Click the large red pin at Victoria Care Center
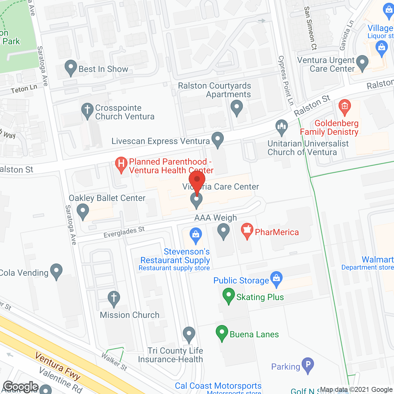[197, 180]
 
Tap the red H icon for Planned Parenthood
[121, 164]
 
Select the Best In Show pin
[71, 67]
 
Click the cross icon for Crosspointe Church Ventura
[87, 110]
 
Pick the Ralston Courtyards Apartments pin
[237, 108]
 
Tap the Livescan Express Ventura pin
[218, 139]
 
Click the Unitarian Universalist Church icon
[281, 127]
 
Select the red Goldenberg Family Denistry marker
[344, 107]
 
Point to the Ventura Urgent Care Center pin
[362, 63]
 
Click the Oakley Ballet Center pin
[82, 211]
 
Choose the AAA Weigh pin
[223, 231]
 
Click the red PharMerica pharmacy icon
[247, 231]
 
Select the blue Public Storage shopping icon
[276, 279]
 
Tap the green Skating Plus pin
[229, 295]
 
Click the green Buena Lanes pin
[222, 332]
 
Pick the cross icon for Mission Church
[114, 298]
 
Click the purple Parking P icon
[308, 365]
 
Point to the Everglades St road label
[124, 232]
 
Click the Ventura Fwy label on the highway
[58, 366]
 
